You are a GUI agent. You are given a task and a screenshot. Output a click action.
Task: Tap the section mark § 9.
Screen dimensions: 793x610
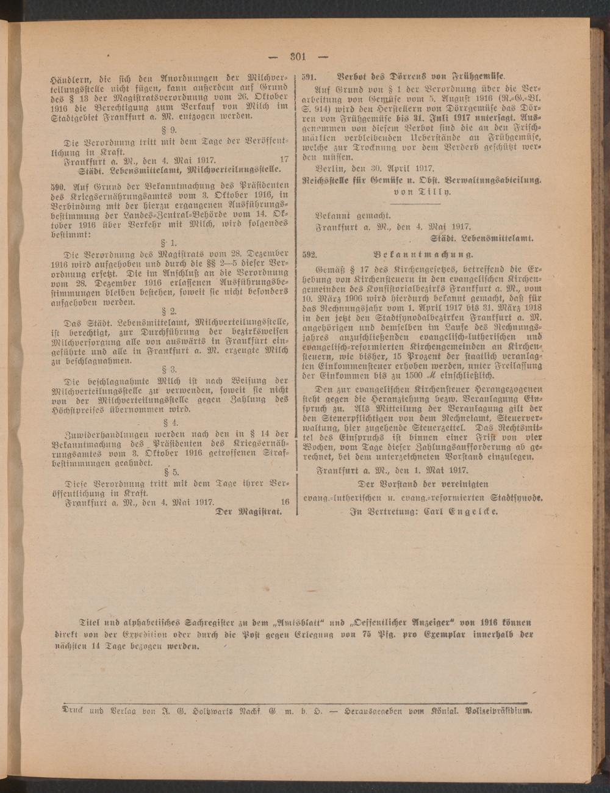(x=169, y=130)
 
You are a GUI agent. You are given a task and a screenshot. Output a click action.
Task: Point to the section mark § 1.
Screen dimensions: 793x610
(x=169, y=242)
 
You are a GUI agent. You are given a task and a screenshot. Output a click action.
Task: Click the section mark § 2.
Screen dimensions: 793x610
(x=169, y=310)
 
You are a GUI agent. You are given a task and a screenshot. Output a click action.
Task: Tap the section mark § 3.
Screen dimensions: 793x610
(x=169, y=369)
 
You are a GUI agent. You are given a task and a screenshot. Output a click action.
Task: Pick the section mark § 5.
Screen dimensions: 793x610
(x=169, y=471)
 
